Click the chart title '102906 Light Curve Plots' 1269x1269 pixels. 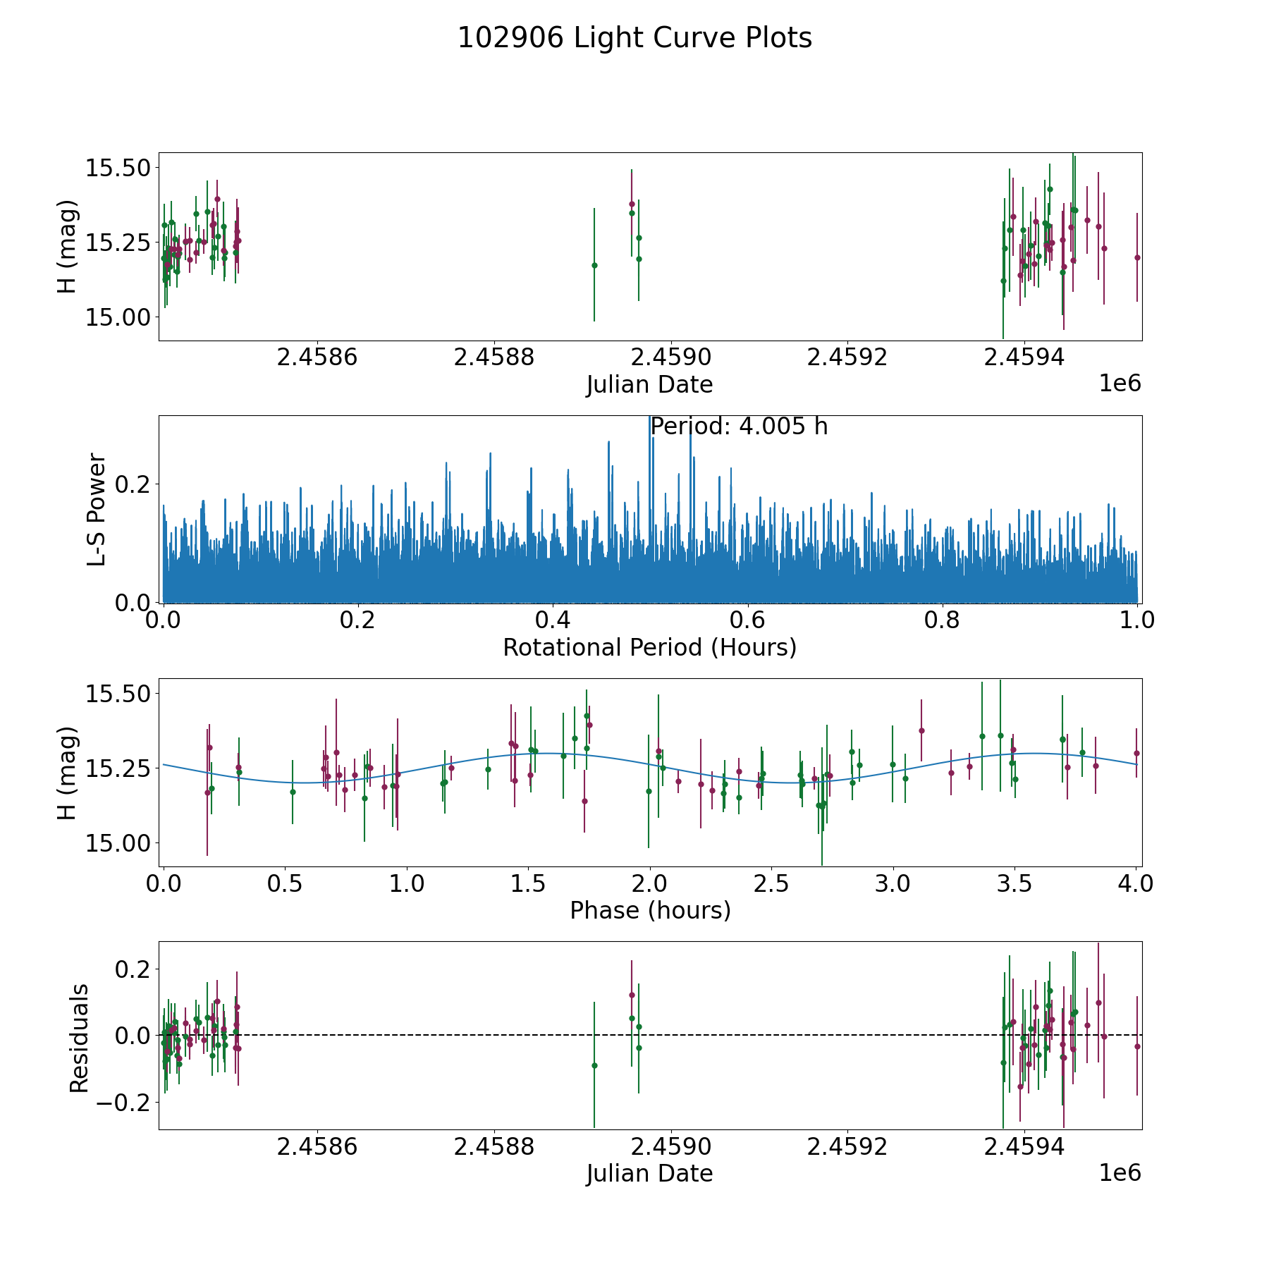tap(634, 38)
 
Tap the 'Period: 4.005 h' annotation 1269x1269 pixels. tap(738, 427)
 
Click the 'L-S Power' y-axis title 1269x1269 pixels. tap(97, 509)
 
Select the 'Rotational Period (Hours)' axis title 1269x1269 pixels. tap(649, 647)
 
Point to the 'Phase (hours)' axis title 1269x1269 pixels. tap(649, 910)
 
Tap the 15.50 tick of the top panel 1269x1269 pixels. tap(116, 168)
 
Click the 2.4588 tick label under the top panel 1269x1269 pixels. tap(493, 357)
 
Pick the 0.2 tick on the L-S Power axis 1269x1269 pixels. tap(133, 484)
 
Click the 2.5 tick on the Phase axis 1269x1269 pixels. tap(771, 883)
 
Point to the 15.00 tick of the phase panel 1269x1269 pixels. tap(116, 842)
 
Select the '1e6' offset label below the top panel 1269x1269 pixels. tap(1120, 384)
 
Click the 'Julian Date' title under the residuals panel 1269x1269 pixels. tap(649, 1174)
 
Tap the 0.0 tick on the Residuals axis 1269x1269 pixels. tap(133, 1036)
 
